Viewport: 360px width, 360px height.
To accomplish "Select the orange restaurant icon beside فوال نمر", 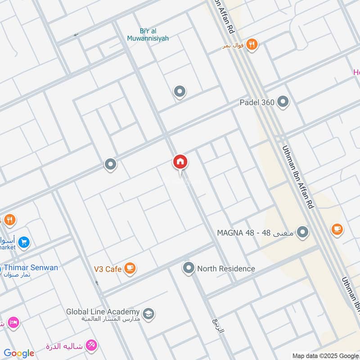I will [253, 45].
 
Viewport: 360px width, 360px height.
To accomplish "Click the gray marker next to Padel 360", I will [283, 102].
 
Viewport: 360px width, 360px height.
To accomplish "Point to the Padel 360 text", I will [256, 103].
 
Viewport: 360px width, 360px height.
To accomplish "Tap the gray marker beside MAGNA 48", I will [303, 233].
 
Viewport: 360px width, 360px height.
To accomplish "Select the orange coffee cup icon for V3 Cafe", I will [130, 269].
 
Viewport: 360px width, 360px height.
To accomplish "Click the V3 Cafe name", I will [108, 269].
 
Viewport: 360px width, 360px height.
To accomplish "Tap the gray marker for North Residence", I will [188, 269].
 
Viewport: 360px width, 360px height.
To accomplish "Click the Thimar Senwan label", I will [31, 268].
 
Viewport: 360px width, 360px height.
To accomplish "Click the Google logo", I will [19, 353].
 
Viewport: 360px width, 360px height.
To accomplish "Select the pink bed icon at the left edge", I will [13, 322].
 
